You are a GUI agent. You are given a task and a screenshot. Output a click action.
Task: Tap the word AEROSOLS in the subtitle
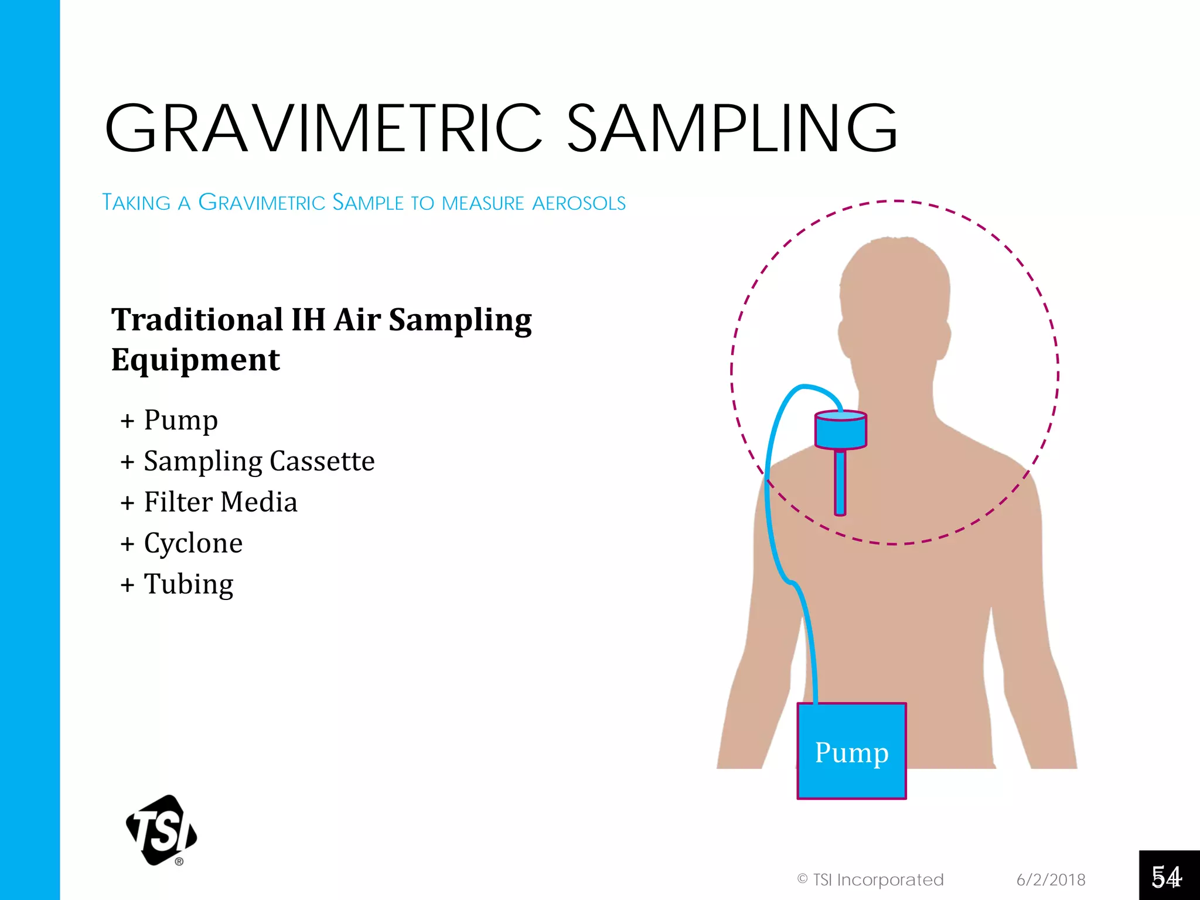(x=579, y=203)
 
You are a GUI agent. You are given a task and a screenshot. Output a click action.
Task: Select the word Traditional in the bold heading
(x=197, y=320)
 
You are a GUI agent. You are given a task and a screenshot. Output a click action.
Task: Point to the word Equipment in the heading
(x=196, y=360)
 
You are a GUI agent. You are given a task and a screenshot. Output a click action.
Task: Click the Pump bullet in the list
(x=180, y=420)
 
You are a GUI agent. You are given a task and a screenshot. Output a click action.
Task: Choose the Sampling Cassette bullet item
(x=259, y=461)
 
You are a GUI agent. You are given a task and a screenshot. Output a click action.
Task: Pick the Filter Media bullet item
(x=220, y=502)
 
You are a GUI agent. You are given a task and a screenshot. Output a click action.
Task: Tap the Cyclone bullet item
(x=193, y=543)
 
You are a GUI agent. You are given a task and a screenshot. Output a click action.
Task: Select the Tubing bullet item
(x=188, y=584)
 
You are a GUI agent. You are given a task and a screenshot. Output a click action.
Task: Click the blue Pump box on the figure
(x=851, y=751)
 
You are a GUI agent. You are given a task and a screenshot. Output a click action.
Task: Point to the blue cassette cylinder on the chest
(x=840, y=429)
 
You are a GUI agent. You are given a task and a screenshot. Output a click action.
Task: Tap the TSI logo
(x=162, y=830)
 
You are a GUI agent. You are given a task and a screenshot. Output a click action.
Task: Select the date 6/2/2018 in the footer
(x=1051, y=879)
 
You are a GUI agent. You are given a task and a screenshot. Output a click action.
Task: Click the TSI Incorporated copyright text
(x=871, y=879)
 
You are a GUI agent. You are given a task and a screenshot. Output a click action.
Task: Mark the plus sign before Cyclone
(x=128, y=544)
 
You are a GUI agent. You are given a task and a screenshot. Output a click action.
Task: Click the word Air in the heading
(x=357, y=320)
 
